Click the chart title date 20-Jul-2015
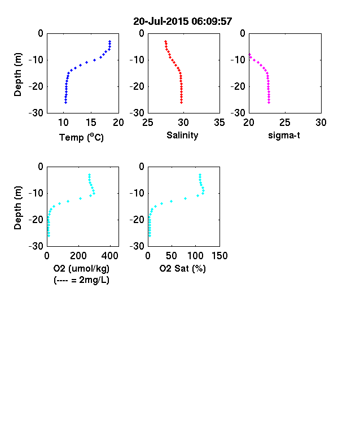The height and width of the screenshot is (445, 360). (x=161, y=21)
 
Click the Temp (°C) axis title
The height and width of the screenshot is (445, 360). (x=81, y=137)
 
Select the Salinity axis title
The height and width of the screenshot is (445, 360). (x=182, y=136)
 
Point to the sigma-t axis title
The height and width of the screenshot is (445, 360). (x=284, y=136)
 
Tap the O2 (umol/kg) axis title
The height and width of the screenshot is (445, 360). (x=81, y=268)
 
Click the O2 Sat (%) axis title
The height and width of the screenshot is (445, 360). (x=182, y=268)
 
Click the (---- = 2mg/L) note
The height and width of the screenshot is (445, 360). (x=81, y=280)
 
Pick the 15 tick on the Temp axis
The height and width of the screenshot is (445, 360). (x=91, y=123)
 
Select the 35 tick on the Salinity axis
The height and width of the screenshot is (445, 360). (x=219, y=123)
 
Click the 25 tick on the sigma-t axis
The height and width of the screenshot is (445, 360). (x=285, y=123)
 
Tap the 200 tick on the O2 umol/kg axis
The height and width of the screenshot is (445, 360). (x=78, y=256)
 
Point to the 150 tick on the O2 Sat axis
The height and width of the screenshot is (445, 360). (x=219, y=256)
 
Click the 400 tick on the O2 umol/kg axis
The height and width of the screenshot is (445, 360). (x=110, y=256)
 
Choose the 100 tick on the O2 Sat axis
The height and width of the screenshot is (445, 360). (x=196, y=256)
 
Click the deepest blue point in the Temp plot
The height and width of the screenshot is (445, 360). (x=66, y=102)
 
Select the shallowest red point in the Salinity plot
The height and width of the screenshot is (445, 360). (x=165, y=41)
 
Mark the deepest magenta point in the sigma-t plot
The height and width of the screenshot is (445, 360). (x=269, y=102)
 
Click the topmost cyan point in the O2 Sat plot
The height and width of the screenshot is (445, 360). (x=200, y=175)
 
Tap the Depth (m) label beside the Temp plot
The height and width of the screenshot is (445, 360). (x=17, y=75)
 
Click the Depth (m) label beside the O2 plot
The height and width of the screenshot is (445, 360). (x=17, y=208)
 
